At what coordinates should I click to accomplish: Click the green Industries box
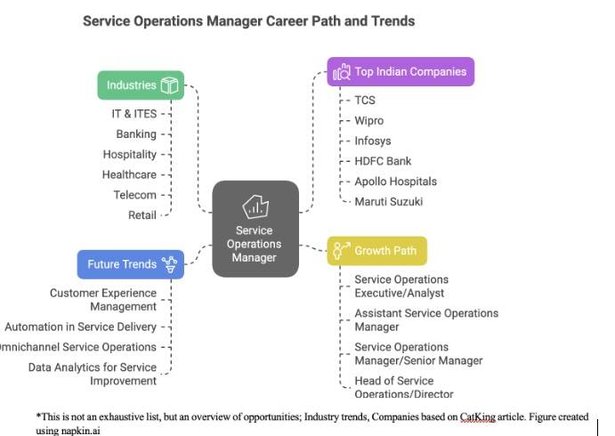click(x=141, y=85)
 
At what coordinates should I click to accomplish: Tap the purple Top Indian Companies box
click(x=401, y=72)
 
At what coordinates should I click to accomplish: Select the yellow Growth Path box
click(x=377, y=251)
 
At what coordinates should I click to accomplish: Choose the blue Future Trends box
click(x=130, y=264)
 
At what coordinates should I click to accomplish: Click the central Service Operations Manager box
click(x=255, y=230)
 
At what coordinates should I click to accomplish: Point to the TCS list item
click(x=365, y=101)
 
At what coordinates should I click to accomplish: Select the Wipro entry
click(x=368, y=121)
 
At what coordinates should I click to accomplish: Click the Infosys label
click(x=372, y=141)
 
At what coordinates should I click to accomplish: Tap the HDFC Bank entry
click(x=383, y=161)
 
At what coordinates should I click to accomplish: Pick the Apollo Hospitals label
click(x=395, y=182)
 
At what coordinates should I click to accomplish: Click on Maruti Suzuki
click(x=388, y=202)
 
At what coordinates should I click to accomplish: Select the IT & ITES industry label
click(x=134, y=114)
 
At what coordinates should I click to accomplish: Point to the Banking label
click(x=136, y=134)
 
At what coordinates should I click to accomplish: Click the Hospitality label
click(x=130, y=155)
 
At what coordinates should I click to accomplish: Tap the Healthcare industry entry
click(x=129, y=175)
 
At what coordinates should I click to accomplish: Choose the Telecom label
click(x=134, y=195)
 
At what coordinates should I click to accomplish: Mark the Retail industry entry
click(x=142, y=215)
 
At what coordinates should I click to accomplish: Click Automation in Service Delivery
click(x=80, y=327)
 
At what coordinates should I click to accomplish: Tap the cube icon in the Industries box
click(x=169, y=85)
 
